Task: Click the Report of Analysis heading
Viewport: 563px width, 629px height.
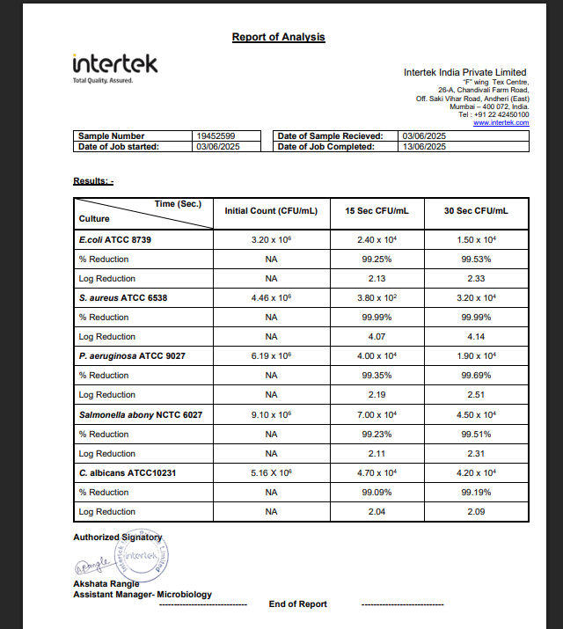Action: coord(278,37)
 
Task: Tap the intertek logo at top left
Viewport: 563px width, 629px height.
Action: coord(114,65)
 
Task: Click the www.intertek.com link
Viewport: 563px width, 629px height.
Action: coord(501,122)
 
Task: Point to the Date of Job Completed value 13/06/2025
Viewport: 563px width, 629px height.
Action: coord(424,147)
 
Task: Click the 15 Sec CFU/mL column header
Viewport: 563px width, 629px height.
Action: coord(377,211)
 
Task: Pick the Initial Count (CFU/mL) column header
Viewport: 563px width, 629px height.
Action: coord(271,211)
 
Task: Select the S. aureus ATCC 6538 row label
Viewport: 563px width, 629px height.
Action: coord(123,297)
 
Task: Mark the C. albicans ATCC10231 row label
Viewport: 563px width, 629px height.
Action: coord(128,472)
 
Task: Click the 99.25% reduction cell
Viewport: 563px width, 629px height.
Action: coord(377,259)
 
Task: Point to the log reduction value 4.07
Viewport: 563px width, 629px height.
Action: coord(377,336)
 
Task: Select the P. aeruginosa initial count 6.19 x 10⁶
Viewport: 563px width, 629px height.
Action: coord(271,355)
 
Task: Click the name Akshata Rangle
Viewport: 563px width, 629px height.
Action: coord(106,583)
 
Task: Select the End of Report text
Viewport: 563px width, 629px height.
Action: coord(297,604)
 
